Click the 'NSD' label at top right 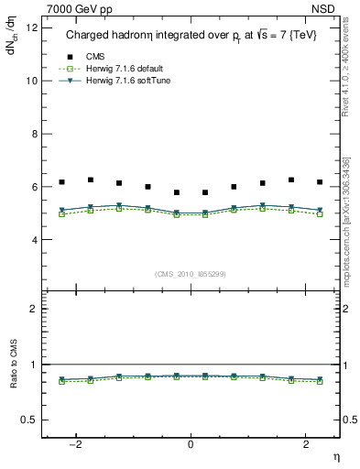coord(328,6)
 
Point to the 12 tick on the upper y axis coord(33,27)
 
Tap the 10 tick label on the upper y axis coord(33,81)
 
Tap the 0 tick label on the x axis coord(191,444)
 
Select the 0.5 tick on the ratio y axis coord(31,420)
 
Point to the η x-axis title coord(335,456)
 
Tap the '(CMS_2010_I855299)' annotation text coord(191,274)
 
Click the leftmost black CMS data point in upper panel coord(61,182)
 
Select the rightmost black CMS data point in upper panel coord(320,182)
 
